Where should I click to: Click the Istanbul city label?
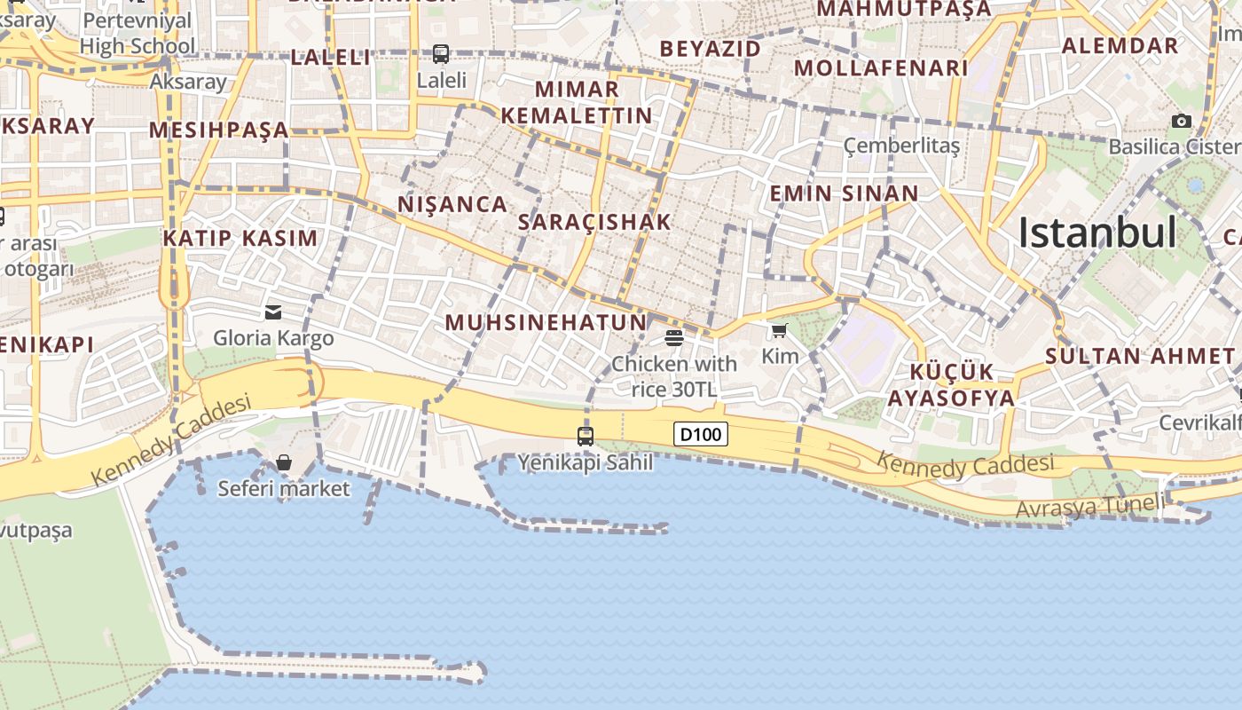(x=1097, y=233)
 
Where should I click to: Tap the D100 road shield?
(x=701, y=434)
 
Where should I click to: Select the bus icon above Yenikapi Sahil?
(x=586, y=436)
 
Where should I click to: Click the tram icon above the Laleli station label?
(x=441, y=54)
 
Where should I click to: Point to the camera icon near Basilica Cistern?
(x=1182, y=121)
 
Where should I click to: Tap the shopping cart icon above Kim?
(x=779, y=331)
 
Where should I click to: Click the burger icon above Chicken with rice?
(x=674, y=337)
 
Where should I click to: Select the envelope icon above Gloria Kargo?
(x=273, y=312)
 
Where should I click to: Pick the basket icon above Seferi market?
(x=284, y=461)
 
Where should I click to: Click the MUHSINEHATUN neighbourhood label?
(x=546, y=322)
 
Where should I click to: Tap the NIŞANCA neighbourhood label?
(x=452, y=204)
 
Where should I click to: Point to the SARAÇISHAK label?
(x=594, y=222)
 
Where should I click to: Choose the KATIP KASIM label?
(x=240, y=238)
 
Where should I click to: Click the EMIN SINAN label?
(x=844, y=193)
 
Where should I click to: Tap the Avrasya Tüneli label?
(x=1090, y=507)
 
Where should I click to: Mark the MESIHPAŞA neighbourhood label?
(x=219, y=130)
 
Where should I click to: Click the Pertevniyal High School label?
(x=138, y=33)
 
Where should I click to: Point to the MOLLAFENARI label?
(x=881, y=68)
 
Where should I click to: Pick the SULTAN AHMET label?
(x=1139, y=357)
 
